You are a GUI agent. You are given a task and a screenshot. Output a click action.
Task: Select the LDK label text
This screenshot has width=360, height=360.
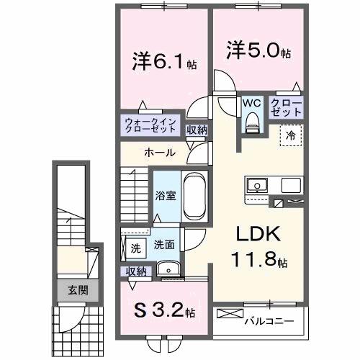[x=248, y=236]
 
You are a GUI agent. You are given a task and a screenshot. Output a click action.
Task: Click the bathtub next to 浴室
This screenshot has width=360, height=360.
[x=194, y=194]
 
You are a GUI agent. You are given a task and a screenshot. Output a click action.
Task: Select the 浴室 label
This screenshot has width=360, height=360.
[x=165, y=195]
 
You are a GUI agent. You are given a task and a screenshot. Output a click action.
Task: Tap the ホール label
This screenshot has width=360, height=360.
[x=158, y=153]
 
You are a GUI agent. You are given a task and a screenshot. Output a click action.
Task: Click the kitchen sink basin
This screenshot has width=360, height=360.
[x=256, y=185]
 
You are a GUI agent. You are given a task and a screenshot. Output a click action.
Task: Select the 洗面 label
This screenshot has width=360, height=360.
[x=163, y=245]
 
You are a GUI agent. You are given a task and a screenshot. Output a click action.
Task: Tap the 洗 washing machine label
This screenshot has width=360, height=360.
[x=135, y=248]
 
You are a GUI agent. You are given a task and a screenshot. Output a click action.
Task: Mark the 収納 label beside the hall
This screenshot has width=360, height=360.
[x=197, y=130]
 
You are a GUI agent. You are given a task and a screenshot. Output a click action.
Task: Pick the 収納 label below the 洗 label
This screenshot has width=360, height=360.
[x=136, y=271]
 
